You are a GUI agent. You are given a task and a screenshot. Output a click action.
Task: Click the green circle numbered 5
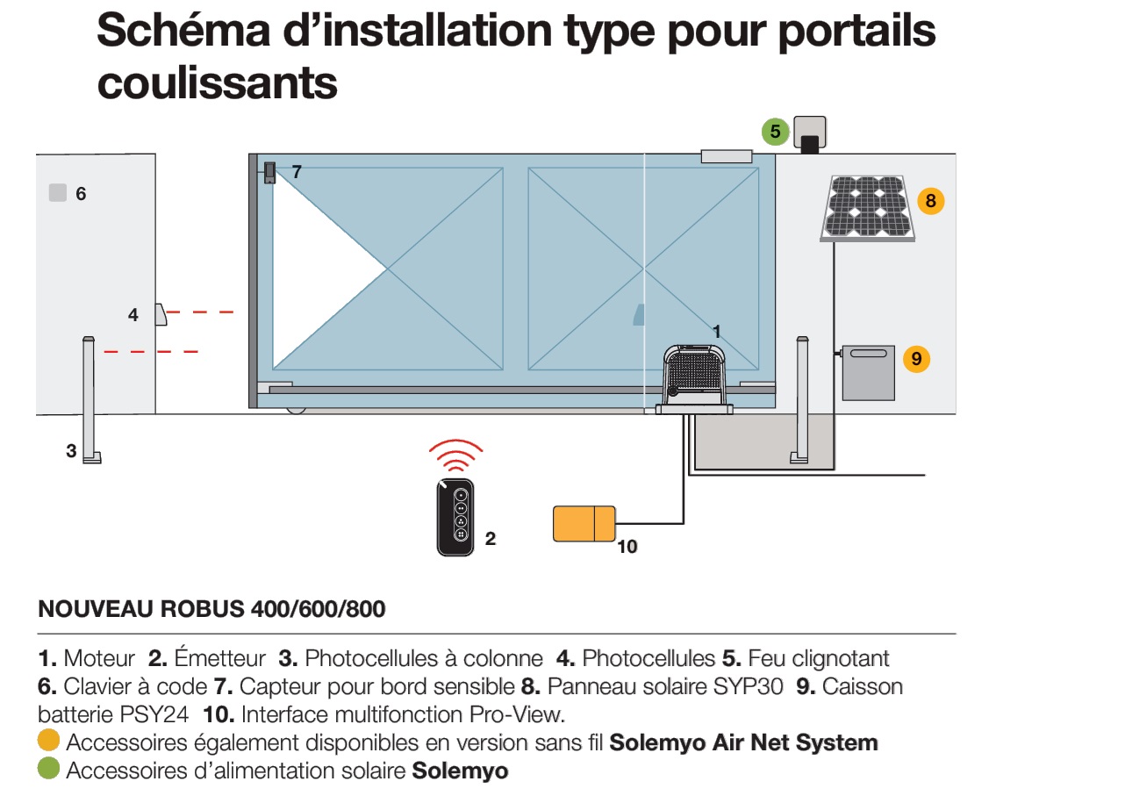click(775, 133)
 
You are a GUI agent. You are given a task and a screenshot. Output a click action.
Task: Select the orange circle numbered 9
click(916, 359)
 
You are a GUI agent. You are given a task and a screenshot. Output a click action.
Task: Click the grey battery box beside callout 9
click(868, 373)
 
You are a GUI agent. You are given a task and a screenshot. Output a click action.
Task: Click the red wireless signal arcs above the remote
click(455, 456)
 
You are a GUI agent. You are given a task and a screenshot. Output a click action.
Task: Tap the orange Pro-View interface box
click(584, 524)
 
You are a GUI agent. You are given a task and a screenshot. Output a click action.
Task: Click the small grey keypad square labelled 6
click(57, 193)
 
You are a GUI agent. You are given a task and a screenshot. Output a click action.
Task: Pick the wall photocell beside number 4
click(161, 314)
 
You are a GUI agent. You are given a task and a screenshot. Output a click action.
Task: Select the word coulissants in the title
click(217, 83)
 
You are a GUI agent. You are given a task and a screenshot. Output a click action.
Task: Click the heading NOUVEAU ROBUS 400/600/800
click(211, 609)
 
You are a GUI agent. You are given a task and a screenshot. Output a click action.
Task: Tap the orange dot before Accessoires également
click(49, 742)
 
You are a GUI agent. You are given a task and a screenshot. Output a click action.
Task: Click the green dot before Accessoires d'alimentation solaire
click(49, 771)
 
